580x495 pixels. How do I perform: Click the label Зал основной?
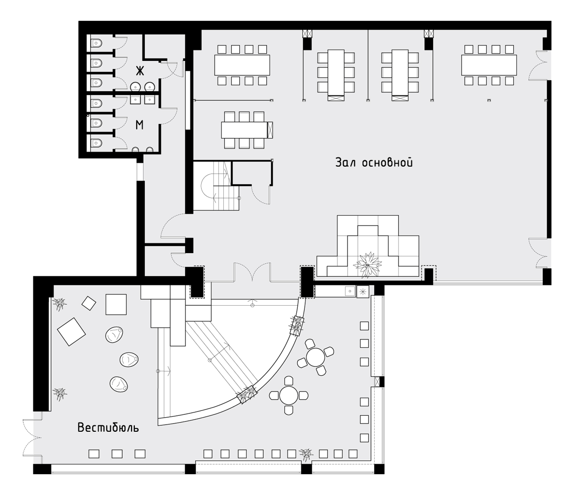(374, 163)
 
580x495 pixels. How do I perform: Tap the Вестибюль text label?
(108, 428)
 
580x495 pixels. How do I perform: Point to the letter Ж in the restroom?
(140, 71)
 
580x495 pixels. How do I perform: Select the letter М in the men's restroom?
(140, 125)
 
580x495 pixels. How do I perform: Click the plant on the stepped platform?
(367, 265)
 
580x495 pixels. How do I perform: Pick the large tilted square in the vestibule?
(71, 332)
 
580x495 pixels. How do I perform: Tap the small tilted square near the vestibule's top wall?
(88, 303)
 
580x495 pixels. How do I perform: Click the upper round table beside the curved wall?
(316, 357)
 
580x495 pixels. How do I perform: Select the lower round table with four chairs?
(289, 396)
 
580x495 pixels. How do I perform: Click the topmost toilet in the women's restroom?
(96, 43)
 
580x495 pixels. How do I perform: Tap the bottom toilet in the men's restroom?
(96, 143)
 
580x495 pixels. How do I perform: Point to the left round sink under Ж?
(136, 87)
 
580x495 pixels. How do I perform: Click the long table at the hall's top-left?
(242, 65)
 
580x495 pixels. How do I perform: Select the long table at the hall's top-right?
(489, 65)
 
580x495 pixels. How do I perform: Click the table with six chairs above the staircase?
(244, 130)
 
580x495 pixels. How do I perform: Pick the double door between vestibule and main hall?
(252, 272)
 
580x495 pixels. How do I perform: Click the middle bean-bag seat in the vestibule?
(129, 359)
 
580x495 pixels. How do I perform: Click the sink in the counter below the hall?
(349, 291)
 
